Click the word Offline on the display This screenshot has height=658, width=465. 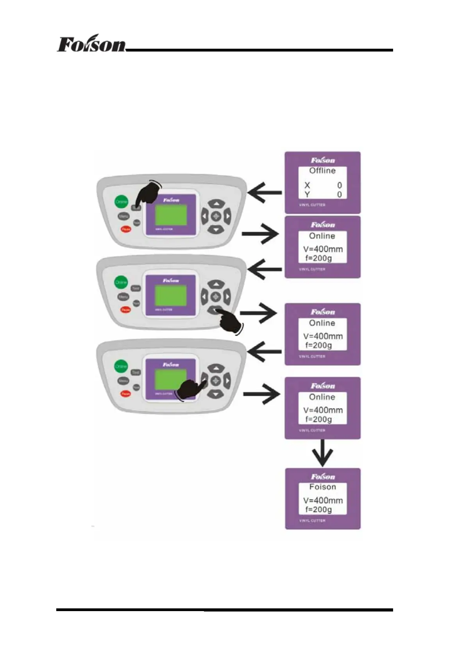tap(322, 171)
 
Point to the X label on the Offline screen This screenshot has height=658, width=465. tap(307, 185)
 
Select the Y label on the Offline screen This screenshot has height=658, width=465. tap(307, 194)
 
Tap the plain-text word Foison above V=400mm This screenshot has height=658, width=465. tap(322, 487)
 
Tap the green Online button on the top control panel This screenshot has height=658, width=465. tap(122, 202)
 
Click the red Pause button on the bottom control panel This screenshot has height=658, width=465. tap(125, 394)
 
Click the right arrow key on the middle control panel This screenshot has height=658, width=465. tap(227, 297)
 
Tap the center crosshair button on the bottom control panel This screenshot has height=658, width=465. tap(216, 380)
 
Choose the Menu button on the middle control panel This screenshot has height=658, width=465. tap(123, 297)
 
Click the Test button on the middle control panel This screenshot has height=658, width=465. tap(135, 288)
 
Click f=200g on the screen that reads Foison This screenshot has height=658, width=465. tap(318, 509)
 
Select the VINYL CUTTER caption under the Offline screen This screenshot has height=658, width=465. tap(312, 205)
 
